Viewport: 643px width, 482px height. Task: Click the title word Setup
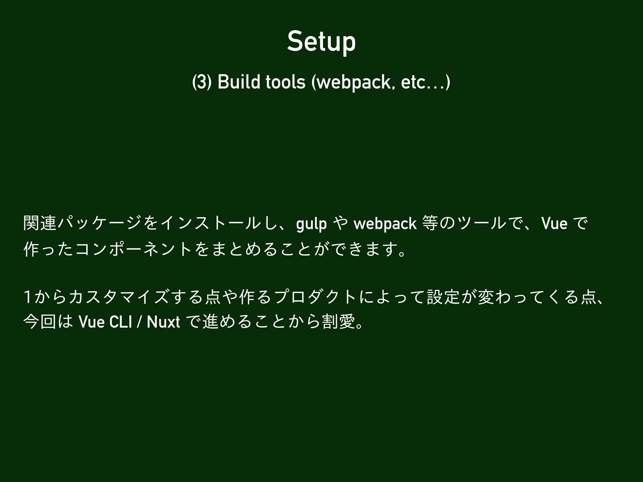point(321,42)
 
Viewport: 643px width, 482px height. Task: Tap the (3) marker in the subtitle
point(200,83)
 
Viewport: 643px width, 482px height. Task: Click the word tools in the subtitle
point(285,83)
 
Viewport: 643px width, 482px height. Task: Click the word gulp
point(311,224)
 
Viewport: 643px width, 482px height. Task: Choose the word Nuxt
point(163,322)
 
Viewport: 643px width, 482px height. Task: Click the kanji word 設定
point(443,297)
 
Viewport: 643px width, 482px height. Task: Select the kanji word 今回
point(40,322)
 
